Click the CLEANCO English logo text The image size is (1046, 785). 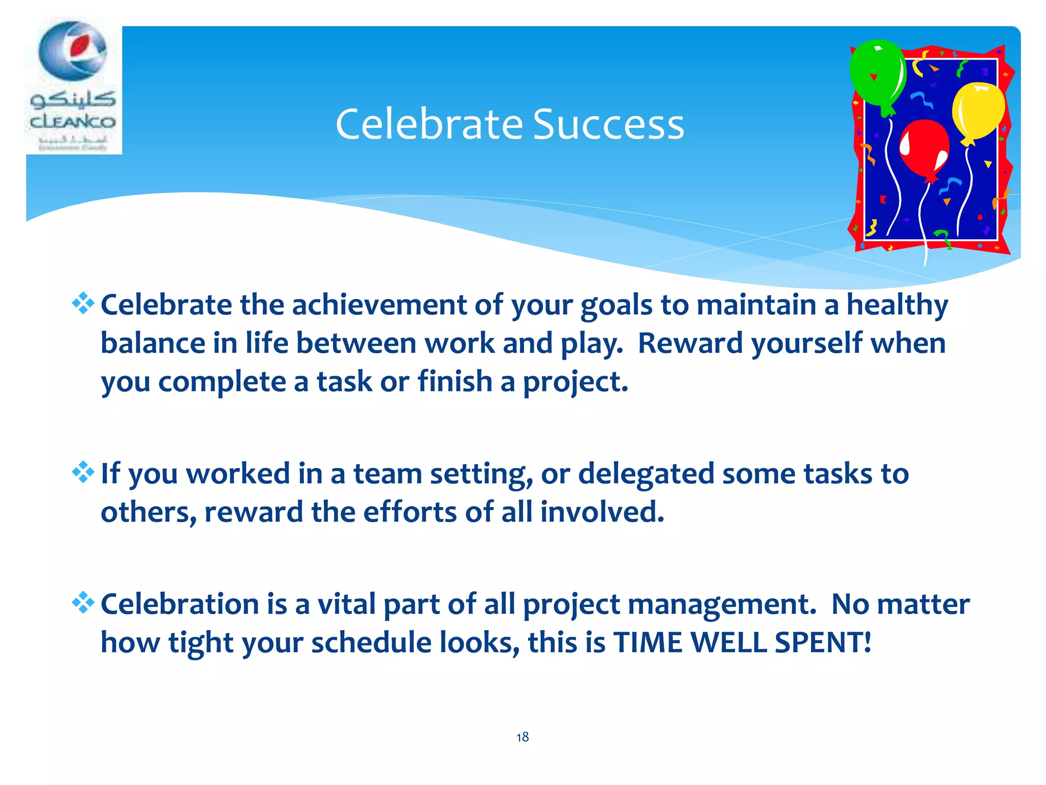click(73, 122)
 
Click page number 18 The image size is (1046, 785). click(522, 737)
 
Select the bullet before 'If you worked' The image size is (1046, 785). click(83, 473)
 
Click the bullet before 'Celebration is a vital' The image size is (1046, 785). click(83, 603)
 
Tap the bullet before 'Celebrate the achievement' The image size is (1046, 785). click(83, 304)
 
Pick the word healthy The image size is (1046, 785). click(897, 305)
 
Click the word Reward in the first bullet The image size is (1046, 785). click(691, 343)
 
